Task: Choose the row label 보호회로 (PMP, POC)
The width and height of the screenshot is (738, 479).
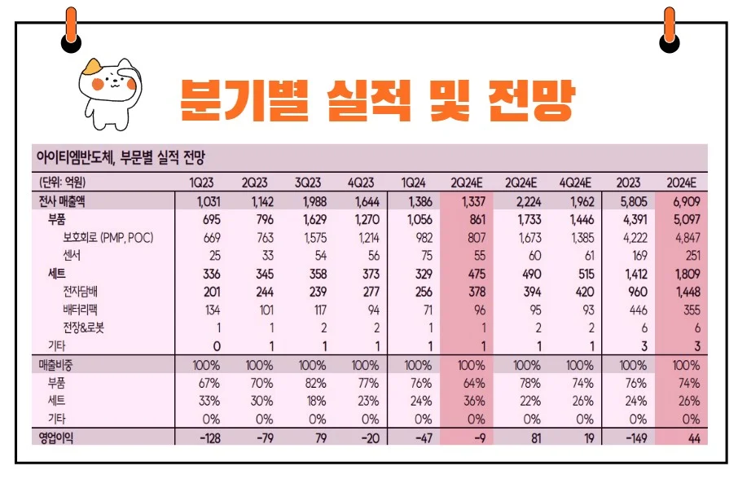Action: [x=108, y=238]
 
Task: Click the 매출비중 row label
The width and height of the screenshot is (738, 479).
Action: [x=54, y=364]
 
